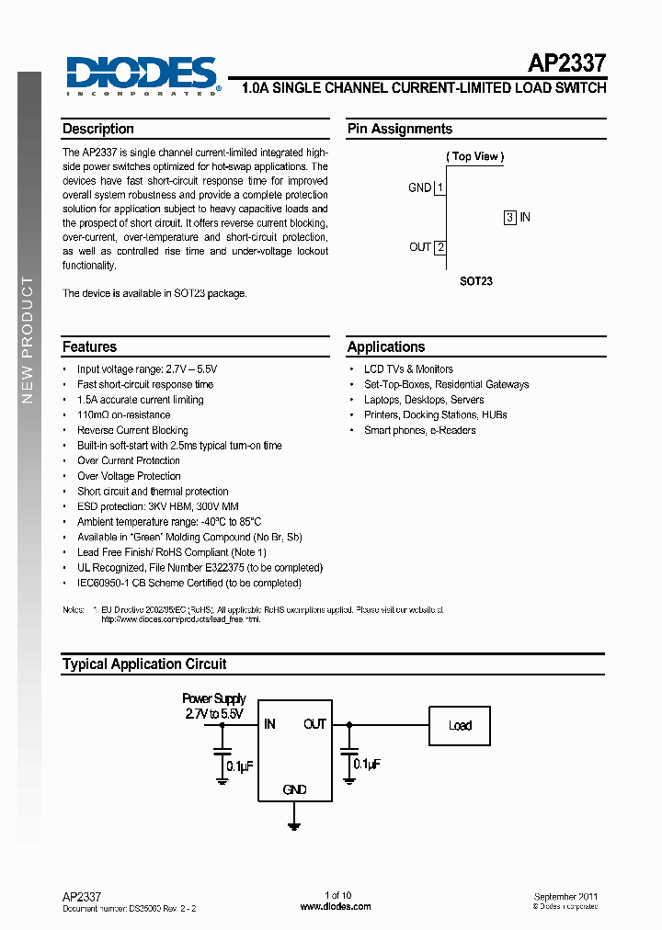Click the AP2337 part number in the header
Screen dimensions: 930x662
pos(565,64)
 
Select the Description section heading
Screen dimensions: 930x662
pos(98,130)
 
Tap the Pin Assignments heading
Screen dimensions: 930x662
pos(400,130)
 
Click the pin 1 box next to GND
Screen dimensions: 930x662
pos(440,187)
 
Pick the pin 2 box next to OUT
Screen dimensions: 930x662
pos(440,247)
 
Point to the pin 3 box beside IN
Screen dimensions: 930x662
pos(509,218)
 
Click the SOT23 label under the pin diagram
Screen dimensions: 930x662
pos(476,281)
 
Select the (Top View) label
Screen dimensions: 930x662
pos(475,156)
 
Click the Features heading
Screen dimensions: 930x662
pos(89,347)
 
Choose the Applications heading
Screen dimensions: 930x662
pos(386,347)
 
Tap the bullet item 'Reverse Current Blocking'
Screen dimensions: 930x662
pos(132,430)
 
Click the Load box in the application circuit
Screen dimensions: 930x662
pos(460,726)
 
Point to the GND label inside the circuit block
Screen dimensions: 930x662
pos(294,789)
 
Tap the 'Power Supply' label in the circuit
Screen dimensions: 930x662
pos(214,698)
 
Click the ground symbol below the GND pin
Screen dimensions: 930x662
pos(294,824)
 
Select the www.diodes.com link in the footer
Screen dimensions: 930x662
pos(337,906)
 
